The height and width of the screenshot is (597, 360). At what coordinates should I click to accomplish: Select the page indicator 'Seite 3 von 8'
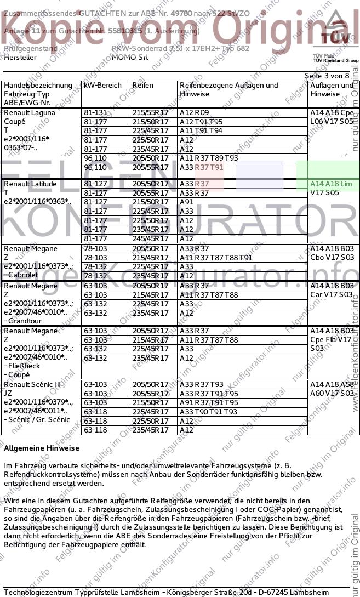click(x=327, y=76)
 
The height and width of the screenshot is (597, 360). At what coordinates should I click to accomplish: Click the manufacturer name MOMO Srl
click(x=130, y=57)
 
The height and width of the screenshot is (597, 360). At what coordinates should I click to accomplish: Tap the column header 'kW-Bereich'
click(x=102, y=86)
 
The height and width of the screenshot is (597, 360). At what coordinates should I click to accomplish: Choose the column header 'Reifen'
click(x=142, y=86)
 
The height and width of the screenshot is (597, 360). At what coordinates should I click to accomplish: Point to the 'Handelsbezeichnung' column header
click(x=38, y=86)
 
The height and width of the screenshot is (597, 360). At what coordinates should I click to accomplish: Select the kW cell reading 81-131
click(x=96, y=112)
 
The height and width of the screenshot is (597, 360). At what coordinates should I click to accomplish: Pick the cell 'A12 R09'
click(x=194, y=112)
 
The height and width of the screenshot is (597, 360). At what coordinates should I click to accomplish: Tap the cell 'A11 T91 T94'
click(x=201, y=130)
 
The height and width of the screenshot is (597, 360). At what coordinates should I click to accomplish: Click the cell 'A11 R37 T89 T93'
click(x=209, y=158)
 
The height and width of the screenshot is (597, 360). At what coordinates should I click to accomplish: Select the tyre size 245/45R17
click(x=150, y=238)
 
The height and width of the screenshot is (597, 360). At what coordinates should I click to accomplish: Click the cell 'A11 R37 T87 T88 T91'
click(x=216, y=258)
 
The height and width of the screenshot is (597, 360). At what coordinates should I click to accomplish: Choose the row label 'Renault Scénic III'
click(x=32, y=384)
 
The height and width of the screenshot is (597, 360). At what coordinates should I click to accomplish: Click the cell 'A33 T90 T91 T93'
click(x=208, y=412)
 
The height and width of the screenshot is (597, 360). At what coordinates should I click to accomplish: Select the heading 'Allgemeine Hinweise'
click(x=42, y=448)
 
